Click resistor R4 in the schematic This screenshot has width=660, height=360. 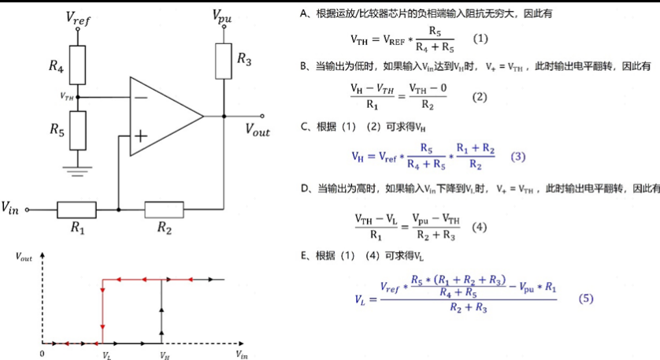click(x=77, y=65)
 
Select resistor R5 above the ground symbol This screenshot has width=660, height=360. click(x=77, y=131)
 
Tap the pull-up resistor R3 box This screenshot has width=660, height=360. click(x=224, y=61)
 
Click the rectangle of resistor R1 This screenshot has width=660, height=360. click(x=76, y=210)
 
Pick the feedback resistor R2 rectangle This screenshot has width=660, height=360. click(x=164, y=210)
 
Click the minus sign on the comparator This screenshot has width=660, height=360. click(x=141, y=98)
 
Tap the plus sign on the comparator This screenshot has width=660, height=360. click(x=141, y=136)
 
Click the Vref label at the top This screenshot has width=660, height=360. click(x=78, y=18)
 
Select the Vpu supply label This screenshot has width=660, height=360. click(x=222, y=17)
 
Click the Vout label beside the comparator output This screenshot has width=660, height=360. click(x=258, y=129)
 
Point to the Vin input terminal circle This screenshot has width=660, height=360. click(x=28, y=210)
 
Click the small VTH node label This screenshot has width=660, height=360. click(x=66, y=97)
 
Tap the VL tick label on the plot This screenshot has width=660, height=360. click(x=107, y=356)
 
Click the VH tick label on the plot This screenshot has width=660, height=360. click(x=165, y=356)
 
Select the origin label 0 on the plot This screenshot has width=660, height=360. click(x=42, y=354)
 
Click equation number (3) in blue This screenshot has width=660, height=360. click(x=517, y=157)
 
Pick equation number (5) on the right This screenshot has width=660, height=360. click(x=586, y=299)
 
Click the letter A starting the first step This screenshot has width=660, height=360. click(x=303, y=14)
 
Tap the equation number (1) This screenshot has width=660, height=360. click(x=480, y=39)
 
